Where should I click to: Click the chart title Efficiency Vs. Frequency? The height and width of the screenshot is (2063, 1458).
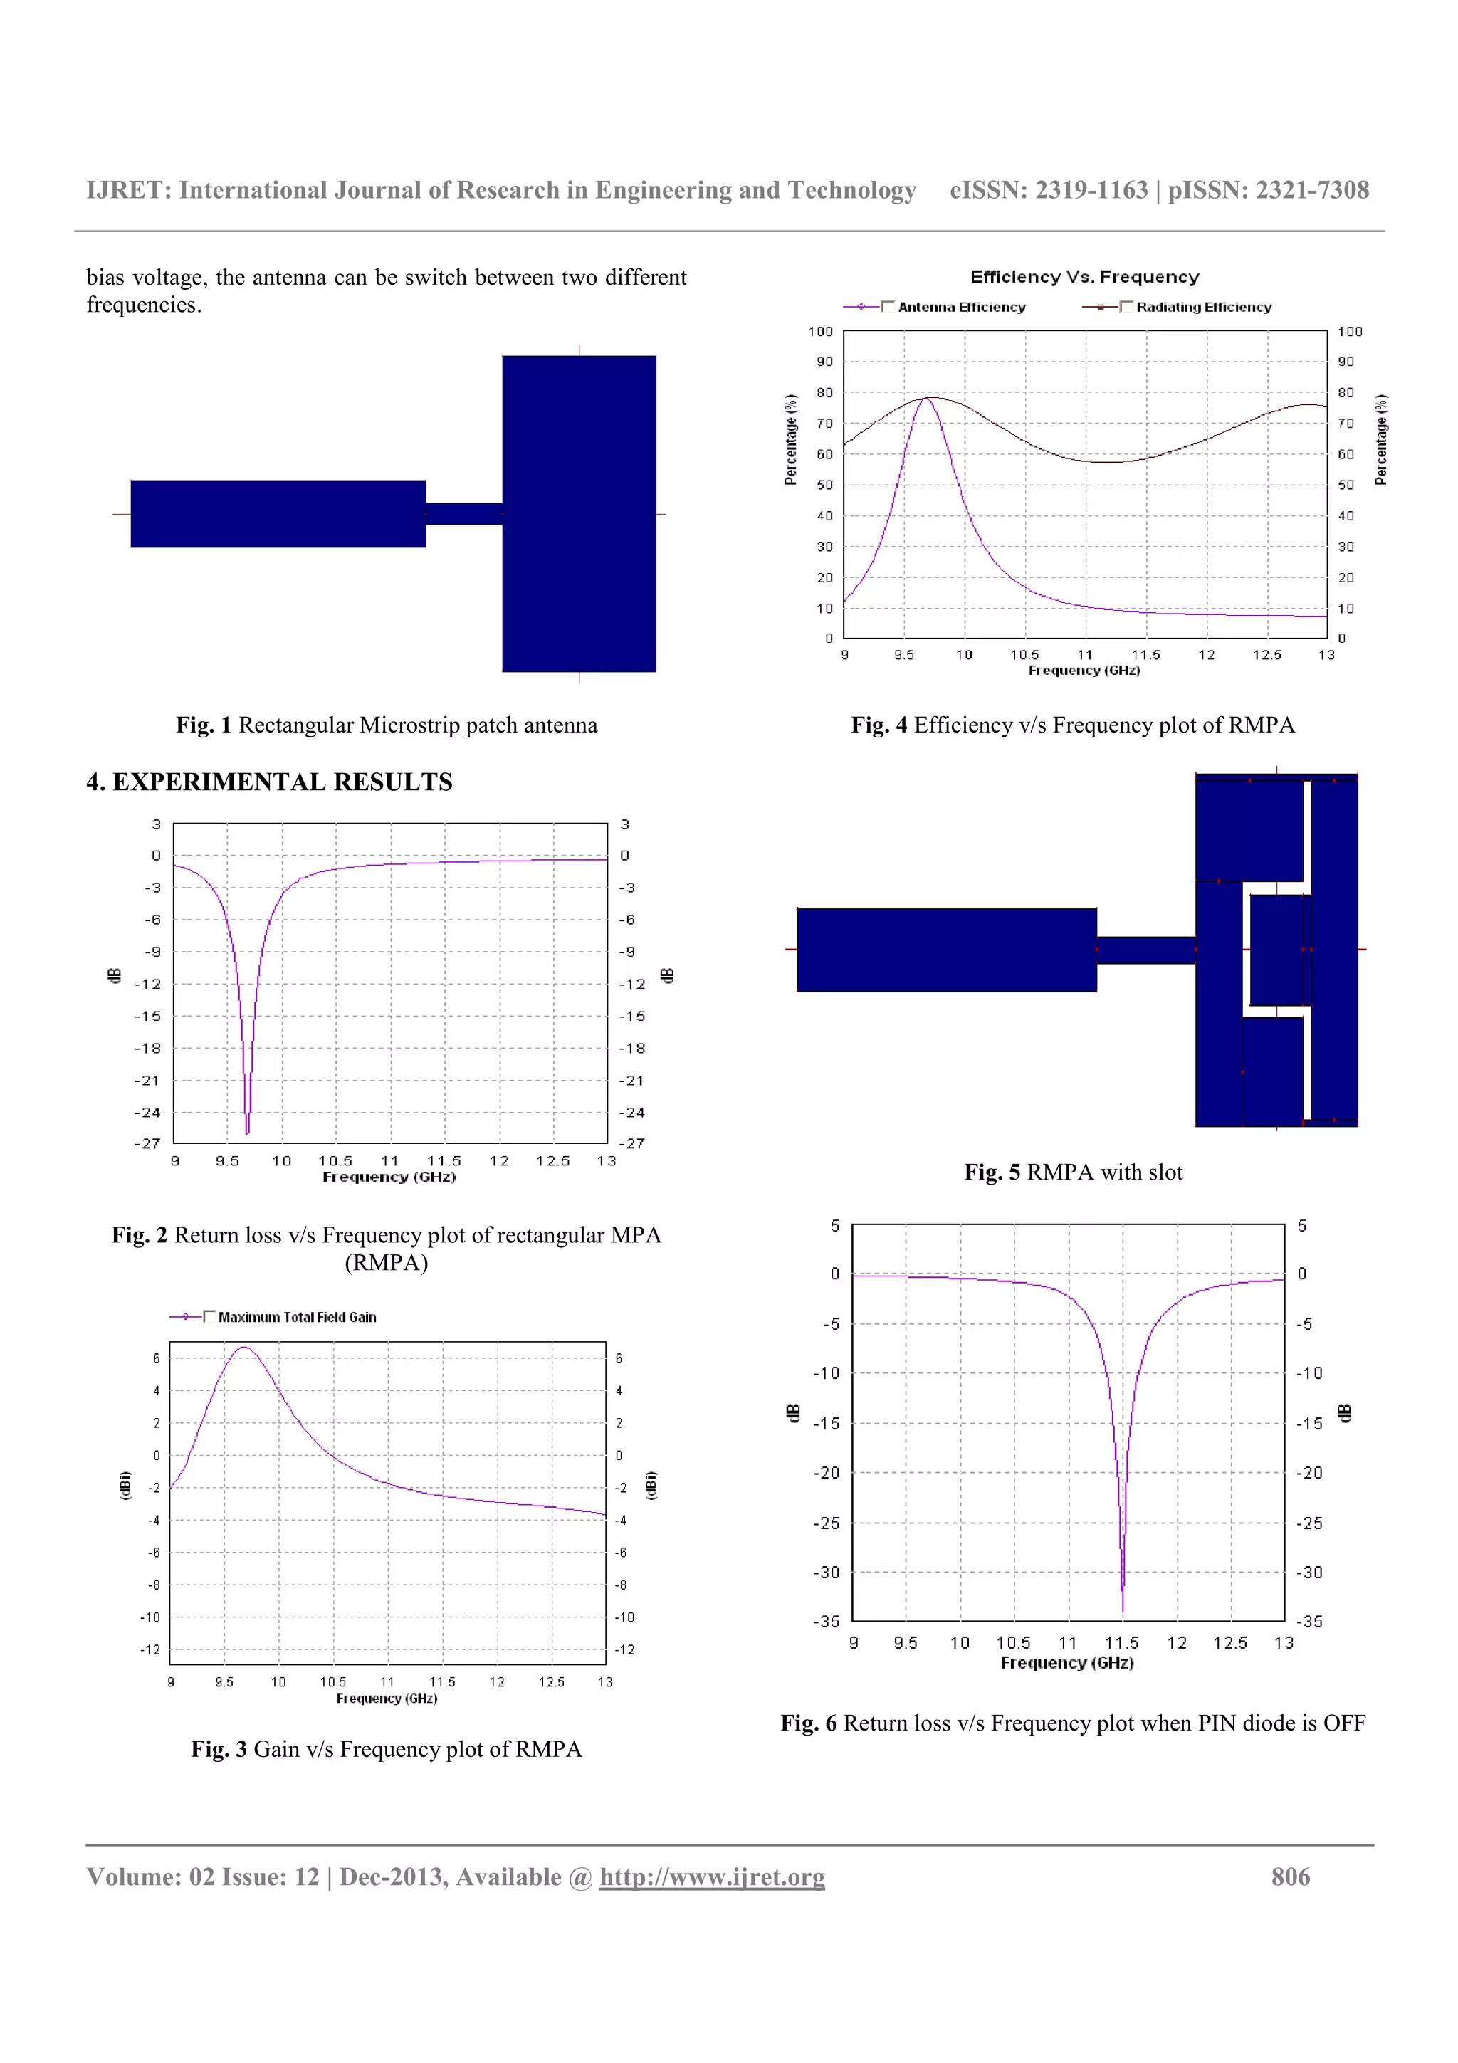[1084, 277]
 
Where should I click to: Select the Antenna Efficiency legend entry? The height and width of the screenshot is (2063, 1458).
[960, 308]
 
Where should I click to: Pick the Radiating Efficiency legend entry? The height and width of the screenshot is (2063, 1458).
[1203, 308]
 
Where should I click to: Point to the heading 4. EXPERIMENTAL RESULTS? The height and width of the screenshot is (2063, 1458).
[270, 782]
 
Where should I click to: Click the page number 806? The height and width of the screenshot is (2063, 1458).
[1290, 1877]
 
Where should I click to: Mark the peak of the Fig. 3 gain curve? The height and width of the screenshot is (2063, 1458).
[243, 1347]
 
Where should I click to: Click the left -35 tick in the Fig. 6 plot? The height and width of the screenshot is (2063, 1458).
[827, 1622]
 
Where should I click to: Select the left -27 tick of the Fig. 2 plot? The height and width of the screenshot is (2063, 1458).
[147, 1144]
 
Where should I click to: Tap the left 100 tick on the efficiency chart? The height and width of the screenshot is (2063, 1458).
[820, 332]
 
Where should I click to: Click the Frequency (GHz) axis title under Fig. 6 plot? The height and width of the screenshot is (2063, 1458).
[1067, 1663]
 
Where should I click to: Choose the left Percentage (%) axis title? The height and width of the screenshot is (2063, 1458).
[790, 440]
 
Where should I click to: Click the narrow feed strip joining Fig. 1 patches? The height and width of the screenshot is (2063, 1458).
[463, 514]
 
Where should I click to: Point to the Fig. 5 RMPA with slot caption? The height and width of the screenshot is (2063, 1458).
[1074, 1172]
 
